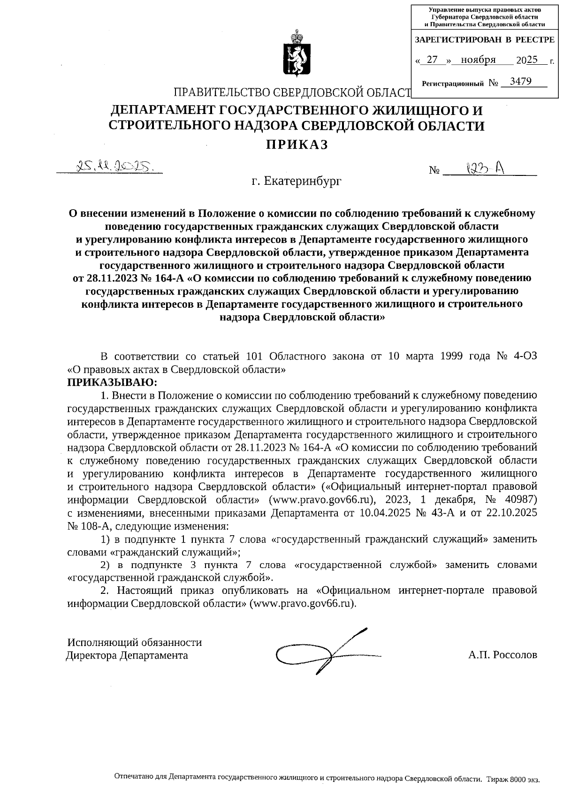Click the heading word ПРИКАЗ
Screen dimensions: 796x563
point(296,144)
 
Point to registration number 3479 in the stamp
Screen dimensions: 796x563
point(520,82)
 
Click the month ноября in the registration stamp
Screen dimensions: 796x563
point(478,60)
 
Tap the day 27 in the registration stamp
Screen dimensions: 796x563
point(433,60)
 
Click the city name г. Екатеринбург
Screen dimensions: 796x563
point(296,181)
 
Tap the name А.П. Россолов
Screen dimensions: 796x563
point(502,655)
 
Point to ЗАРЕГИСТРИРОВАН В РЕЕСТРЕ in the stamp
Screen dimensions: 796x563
point(485,40)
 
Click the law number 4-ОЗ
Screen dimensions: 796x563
point(526,356)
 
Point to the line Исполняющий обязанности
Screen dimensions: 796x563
point(135,642)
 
